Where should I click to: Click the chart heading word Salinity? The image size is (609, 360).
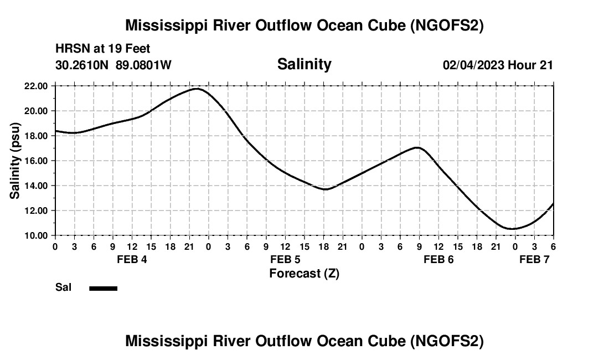pos(304,64)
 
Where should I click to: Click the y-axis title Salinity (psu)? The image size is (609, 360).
pos(15,161)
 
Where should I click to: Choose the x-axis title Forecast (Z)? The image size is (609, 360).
pos(304,273)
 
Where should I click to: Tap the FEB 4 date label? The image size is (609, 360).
pos(132,259)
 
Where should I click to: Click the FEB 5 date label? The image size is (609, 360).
pos(285,259)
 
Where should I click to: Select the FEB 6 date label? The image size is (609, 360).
pos(438,259)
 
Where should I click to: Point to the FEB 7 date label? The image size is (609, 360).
pos(534,259)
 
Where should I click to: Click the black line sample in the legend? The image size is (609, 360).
pos(103,288)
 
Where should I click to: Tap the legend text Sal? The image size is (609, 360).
pos(63,287)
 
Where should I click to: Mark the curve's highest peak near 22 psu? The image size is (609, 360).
pos(197,89)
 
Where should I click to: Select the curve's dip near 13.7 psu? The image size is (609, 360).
pos(326,189)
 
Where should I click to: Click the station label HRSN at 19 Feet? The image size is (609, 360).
pos(103,49)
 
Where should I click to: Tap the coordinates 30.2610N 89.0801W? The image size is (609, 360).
pos(113,65)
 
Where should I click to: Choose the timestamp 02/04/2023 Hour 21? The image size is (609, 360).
pos(498,65)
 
